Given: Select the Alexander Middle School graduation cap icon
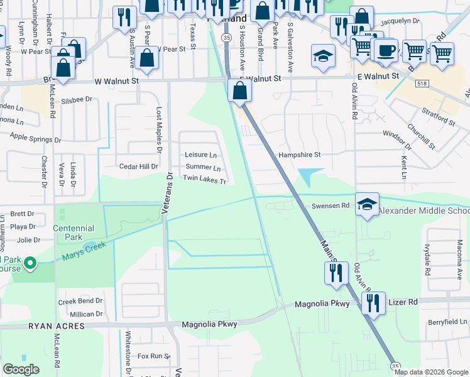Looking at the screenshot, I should click(x=367, y=205).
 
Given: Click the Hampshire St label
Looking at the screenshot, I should click(x=300, y=155).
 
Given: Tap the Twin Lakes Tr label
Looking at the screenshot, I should click(x=204, y=179).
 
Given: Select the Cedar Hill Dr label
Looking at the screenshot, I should click(x=139, y=167).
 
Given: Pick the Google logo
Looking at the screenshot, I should click(x=21, y=369).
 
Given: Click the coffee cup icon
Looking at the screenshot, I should click(x=385, y=50).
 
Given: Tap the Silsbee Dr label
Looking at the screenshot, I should click(x=77, y=99).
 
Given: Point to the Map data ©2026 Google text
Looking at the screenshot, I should click(x=431, y=372).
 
